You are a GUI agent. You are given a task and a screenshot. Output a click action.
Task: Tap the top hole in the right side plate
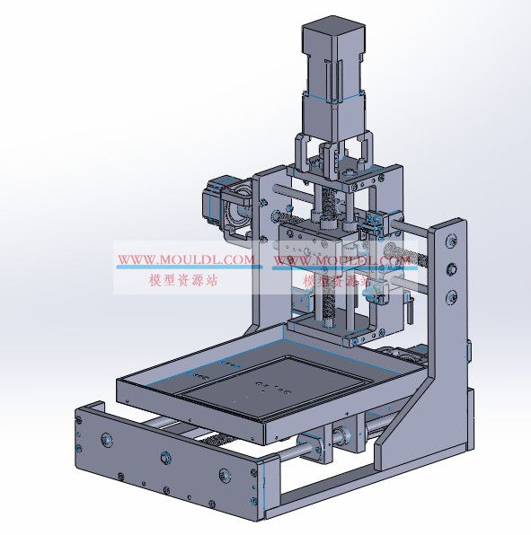tap(450, 239)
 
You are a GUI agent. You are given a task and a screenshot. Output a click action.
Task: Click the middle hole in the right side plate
tap(451, 268)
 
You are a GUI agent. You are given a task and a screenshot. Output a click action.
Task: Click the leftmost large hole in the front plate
tap(106, 440)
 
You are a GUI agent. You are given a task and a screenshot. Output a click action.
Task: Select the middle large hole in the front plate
tap(164, 459)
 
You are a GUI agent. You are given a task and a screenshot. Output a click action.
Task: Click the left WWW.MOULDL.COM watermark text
tap(186, 261)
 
